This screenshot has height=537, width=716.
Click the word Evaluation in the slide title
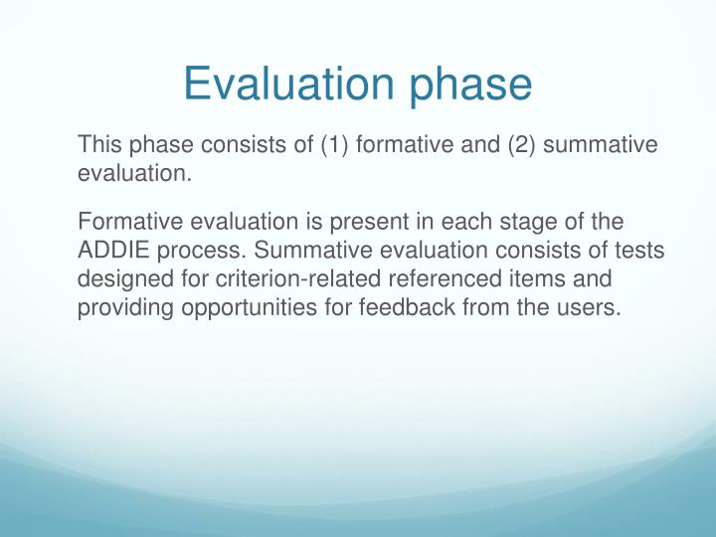pos(289,84)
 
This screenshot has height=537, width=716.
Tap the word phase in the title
pos(468,86)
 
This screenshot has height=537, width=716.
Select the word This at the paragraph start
pos(99,145)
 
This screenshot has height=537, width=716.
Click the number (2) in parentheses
pos(523,145)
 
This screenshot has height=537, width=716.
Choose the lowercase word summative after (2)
pos(601,145)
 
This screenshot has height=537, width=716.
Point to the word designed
pos(119,278)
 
